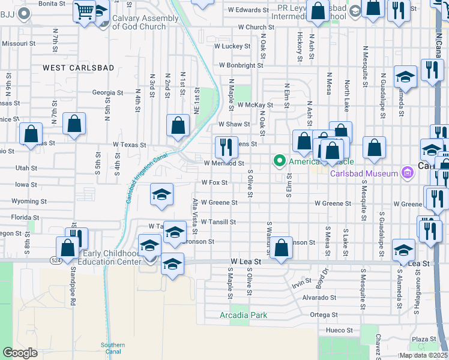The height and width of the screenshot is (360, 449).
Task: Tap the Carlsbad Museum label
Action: point(364,174)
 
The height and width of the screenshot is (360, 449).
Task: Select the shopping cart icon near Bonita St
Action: point(85,10)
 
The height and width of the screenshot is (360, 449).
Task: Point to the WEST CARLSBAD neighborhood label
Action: point(78,68)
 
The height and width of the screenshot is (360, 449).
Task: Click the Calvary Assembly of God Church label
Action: point(146,23)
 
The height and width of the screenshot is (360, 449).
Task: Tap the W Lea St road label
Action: point(247,262)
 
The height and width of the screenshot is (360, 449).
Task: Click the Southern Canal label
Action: point(113,348)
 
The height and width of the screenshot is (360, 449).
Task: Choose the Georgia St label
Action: point(107,93)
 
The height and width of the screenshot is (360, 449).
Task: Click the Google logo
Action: point(20,353)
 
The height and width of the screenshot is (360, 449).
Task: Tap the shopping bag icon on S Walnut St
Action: point(281,247)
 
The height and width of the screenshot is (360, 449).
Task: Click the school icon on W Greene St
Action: point(161,194)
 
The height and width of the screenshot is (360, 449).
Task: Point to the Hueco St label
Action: point(340,330)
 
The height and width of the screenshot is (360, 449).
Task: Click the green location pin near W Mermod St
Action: point(279,161)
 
